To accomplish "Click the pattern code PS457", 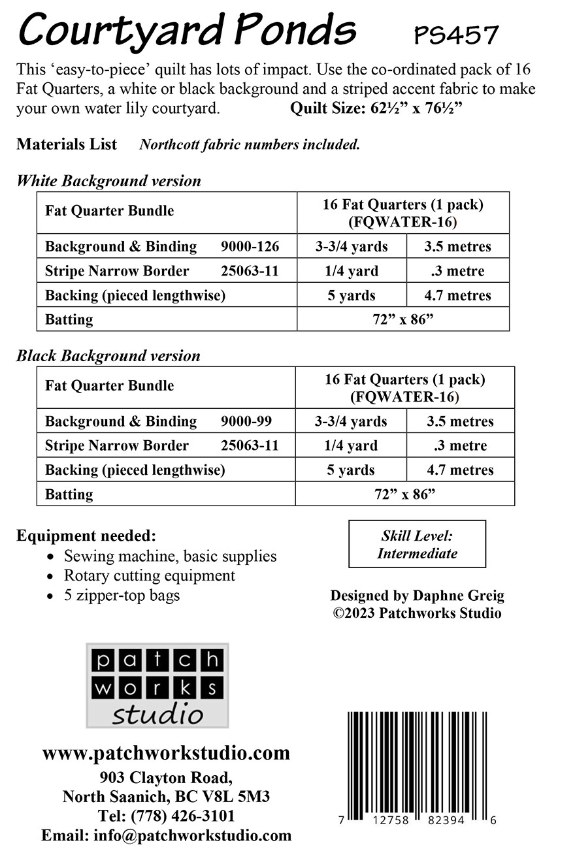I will tap(456, 35).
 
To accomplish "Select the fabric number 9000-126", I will tap(250, 246).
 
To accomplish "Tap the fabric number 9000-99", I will tap(247, 421).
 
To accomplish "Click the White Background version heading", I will tap(108, 181).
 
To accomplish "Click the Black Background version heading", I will tap(108, 356).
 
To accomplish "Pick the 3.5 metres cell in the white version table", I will tap(457, 247).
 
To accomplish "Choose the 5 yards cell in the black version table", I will tap(351, 470).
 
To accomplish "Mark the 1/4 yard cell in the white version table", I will tap(352, 271).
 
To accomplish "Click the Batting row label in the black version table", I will tap(69, 494).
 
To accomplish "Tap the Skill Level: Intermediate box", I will tap(417, 544).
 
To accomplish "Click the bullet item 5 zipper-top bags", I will tap(122, 595).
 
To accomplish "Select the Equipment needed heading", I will tap(86, 536).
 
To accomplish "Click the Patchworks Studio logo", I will tap(157, 686).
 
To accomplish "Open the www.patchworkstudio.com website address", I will tap(166, 753).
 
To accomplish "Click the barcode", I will tap(419, 761).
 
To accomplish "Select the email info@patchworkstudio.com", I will tap(193, 835).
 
